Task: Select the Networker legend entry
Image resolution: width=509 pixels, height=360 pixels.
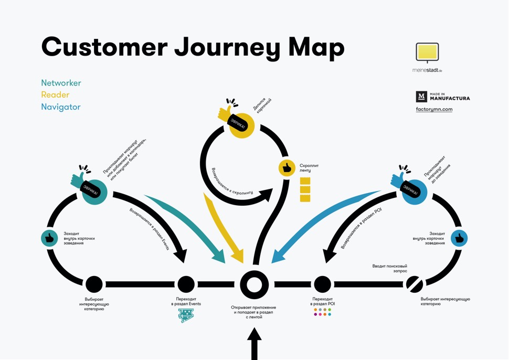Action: (61, 83)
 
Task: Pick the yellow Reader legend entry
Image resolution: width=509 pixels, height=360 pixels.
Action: (55, 95)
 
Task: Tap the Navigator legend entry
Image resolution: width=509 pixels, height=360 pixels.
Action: (61, 107)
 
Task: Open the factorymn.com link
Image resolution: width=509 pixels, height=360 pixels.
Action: (434, 110)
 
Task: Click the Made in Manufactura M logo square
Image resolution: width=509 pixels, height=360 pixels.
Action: (421, 97)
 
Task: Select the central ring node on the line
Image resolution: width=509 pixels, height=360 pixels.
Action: (254, 284)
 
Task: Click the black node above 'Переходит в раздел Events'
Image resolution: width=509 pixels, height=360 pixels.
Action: (186, 284)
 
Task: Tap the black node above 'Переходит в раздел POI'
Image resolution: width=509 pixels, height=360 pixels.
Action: (322, 284)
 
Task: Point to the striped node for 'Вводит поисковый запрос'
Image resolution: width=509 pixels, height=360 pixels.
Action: (414, 284)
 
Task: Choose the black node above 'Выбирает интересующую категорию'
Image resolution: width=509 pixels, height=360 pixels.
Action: (94, 284)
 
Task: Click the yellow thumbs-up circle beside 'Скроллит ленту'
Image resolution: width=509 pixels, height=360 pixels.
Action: (287, 168)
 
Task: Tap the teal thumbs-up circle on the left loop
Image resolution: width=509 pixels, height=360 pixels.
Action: (49, 238)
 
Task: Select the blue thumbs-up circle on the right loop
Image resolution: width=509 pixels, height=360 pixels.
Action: (459, 238)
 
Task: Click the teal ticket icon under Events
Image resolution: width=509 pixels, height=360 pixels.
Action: (186, 315)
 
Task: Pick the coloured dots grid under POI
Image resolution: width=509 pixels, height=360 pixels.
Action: (322, 312)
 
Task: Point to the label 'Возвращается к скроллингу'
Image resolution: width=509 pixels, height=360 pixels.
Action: (232, 181)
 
